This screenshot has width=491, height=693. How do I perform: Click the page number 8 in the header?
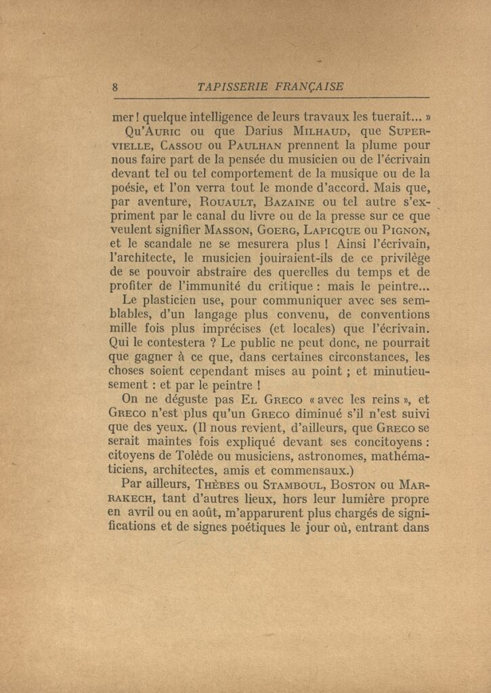(115, 87)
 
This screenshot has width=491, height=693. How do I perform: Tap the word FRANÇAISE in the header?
(309, 87)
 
